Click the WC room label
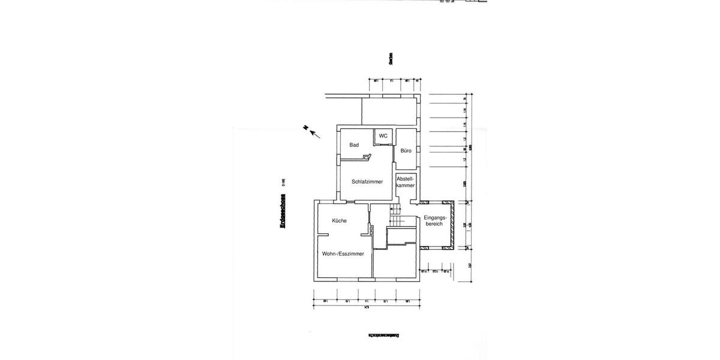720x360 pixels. (383, 136)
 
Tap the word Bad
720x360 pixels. (354, 145)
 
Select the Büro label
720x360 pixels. (406, 151)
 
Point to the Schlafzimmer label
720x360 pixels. (367, 182)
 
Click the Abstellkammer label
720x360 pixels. (406, 182)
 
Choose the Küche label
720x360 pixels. (339, 221)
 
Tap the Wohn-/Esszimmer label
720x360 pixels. (343, 254)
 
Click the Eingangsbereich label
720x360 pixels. (433, 220)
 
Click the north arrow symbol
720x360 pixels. (311, 131)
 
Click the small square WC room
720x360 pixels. (383, 138)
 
